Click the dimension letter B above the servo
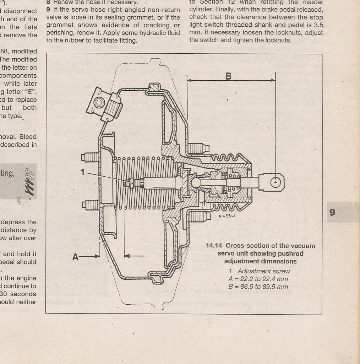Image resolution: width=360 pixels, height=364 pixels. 228,76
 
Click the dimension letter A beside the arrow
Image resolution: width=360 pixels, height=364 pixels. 75,257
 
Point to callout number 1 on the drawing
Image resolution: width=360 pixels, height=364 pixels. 83,172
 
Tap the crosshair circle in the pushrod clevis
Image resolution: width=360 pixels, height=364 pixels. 275,182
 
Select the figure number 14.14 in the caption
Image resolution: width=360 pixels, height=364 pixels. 214,246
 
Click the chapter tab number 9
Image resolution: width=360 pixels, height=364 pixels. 332,212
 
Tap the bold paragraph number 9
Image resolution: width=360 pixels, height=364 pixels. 48,10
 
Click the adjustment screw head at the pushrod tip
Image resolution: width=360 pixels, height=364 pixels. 131,183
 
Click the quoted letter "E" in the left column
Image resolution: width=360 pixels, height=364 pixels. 29,91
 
